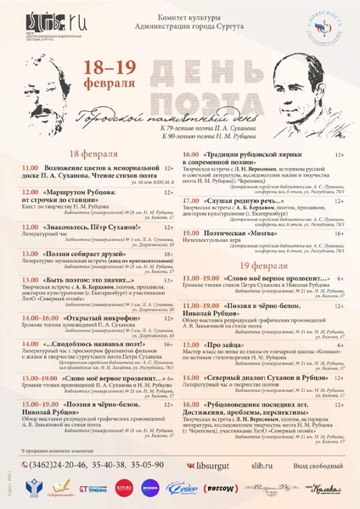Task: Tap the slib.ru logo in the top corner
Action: tap(43, 20)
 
